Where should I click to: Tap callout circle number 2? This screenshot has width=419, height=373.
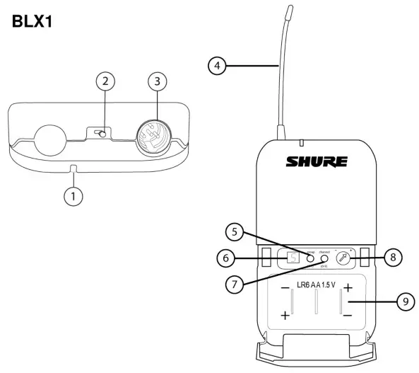click(x=105, y=81)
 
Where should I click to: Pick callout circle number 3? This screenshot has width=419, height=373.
click(x=157, y=81)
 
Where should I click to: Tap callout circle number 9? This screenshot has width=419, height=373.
click(x=404, y=301)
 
